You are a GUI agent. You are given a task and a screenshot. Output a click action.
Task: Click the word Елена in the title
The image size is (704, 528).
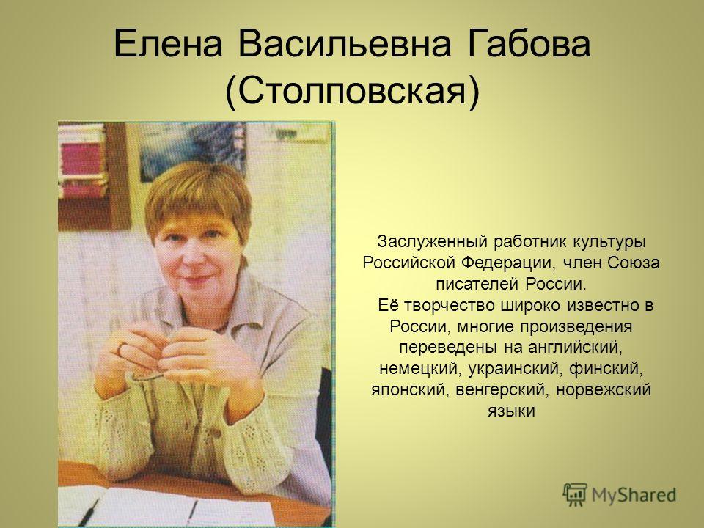pos(169,44)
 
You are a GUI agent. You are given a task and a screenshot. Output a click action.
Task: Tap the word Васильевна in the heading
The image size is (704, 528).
pos(345,44)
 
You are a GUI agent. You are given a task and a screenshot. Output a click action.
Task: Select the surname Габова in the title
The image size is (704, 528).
pos(529,44)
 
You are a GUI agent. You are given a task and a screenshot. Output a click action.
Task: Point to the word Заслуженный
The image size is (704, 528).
pos(432,241)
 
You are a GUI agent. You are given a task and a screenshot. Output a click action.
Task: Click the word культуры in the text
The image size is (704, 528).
pos(609,242)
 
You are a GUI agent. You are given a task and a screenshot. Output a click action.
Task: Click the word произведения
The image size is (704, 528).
pos(576,327)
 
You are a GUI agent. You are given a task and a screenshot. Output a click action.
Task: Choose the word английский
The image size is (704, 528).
pos(575,348)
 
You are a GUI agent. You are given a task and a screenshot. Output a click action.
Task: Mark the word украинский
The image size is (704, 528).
pos(516,369)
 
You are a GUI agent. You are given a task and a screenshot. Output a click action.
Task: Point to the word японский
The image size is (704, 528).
pos(411,389)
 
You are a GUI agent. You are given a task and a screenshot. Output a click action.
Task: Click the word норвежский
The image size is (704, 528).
pos(604,389)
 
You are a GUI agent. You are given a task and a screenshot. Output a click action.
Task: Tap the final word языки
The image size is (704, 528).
pos(511,411)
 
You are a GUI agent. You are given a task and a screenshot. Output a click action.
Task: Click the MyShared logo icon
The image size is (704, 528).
pos(575,494)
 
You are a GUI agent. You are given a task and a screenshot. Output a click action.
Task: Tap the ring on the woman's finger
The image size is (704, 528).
pos(120,349)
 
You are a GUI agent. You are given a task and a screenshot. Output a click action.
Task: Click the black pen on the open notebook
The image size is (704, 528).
pos(89,513)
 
